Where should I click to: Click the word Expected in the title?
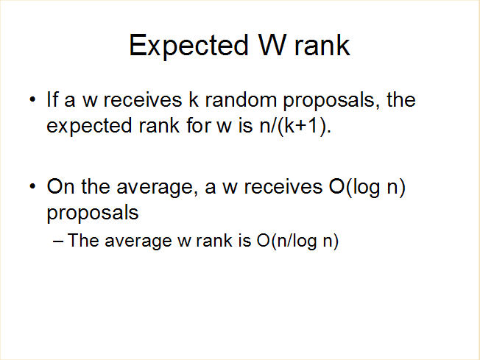pos(188,46)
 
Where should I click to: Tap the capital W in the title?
pos(272,45)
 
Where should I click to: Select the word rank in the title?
pos(322,45)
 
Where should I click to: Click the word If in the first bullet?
pos(52,99)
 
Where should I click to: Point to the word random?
pos(241,99)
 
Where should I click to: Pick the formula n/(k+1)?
pos(295,126)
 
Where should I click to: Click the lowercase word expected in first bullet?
pos(89,127)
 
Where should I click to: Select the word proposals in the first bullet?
pos(329,101)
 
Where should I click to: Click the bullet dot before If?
pos(32,99)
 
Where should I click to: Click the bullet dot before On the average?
pos(32,186)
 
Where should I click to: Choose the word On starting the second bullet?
pos(60,186)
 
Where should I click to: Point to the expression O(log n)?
pos(367,187)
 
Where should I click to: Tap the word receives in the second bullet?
pos(283,186)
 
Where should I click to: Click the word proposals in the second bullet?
pos(93,213)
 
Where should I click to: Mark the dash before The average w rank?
pos(58,241)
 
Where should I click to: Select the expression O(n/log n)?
pos(297,241)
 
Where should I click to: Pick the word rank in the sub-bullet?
pos(214,240)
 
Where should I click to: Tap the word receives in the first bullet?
pos(143,99)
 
